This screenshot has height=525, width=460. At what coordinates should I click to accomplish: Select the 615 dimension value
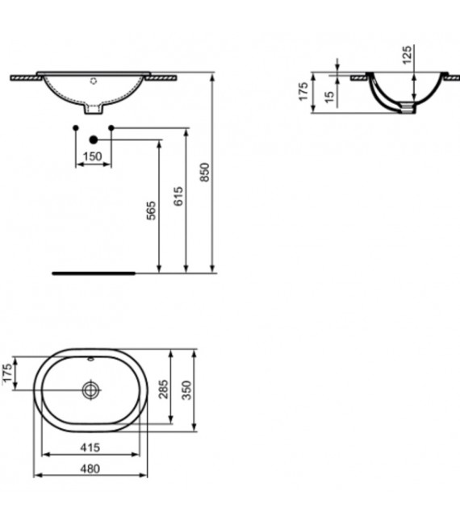coord(179,196)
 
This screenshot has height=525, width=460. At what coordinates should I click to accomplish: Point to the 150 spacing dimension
coord(93,156)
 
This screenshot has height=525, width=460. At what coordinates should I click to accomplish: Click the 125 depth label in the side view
coord(408,55)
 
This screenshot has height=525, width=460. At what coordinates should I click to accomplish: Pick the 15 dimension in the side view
coord(328,95)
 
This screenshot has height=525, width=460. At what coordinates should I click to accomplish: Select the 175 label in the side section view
coord(304,92)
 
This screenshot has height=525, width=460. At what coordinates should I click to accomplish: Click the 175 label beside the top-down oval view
coord(8,375)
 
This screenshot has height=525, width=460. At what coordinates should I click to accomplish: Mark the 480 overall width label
coord(90,469)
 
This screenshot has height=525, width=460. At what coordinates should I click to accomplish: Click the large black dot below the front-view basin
coord(94,140)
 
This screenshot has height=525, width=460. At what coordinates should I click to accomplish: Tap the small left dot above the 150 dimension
coord(75,127)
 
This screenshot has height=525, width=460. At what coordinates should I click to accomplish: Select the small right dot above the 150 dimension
coord(111,127)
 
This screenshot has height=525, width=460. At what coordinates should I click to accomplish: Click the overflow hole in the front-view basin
coord(93,81)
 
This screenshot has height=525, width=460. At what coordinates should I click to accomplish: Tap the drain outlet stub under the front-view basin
coord(93,106)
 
